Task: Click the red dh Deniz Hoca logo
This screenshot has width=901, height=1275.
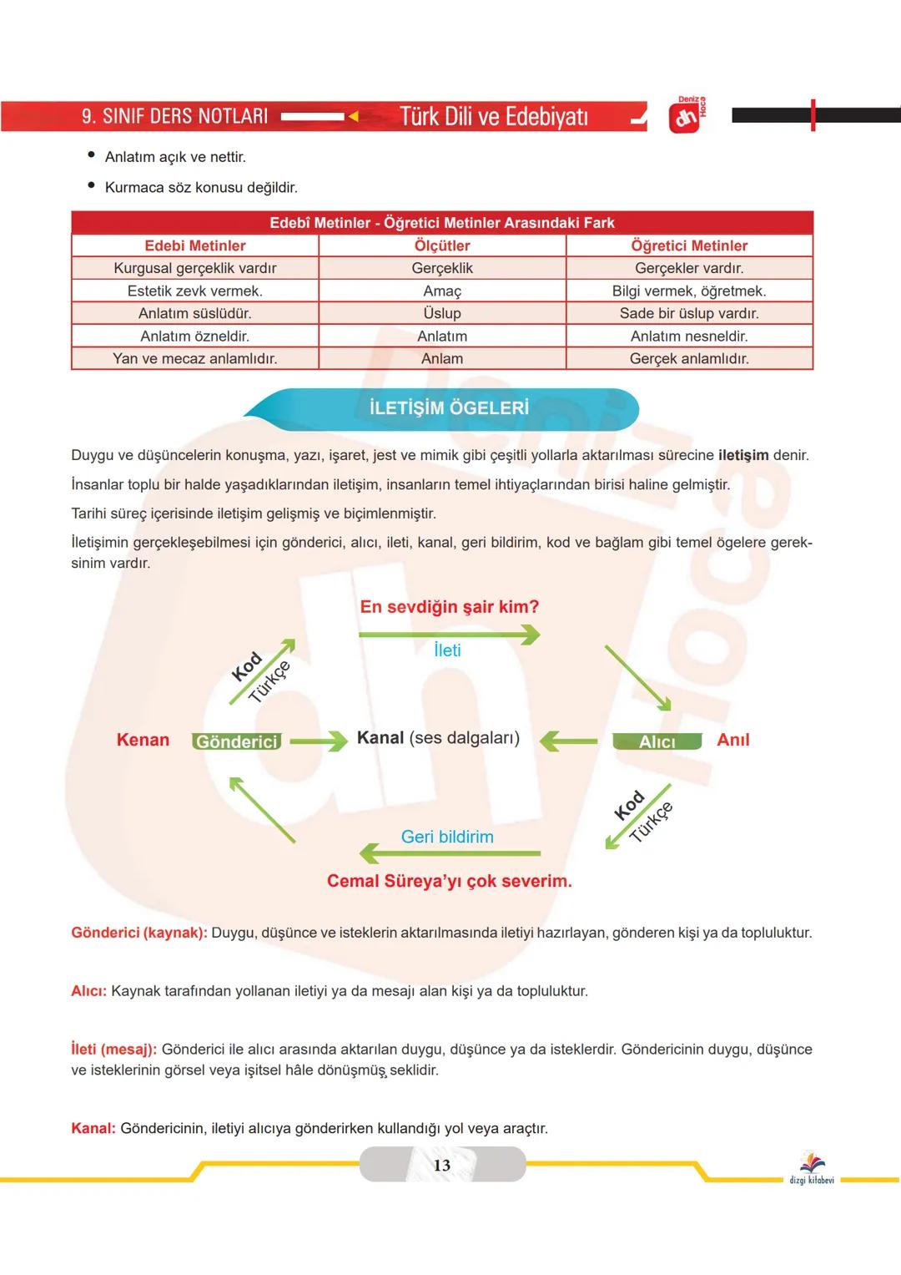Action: tap(685, 118)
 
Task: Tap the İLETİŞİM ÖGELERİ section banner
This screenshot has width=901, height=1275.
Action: tap(449, 408)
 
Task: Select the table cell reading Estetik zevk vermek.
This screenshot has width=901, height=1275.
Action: tap(195, 291)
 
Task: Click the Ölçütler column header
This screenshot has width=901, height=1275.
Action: tap(442, 245)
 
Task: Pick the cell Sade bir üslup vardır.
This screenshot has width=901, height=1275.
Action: tap(689, 313)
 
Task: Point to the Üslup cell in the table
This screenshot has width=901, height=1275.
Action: tap(442, 313)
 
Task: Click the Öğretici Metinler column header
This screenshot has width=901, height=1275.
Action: tap(689, 245)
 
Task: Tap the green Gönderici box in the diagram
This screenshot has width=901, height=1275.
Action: tap(237, 741)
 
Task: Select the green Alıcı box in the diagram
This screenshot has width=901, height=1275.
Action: tap(657, 741)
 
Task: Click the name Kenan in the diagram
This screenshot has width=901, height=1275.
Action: tap(143, 740)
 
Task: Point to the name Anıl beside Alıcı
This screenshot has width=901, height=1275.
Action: tap(733, 740)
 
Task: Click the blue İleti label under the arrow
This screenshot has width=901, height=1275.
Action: tap(447, 650)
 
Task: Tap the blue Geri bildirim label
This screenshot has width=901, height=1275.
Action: tap(447, 837)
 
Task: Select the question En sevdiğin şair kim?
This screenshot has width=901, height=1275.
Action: tap(450, 607)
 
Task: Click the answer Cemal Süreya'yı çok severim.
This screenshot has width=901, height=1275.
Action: tap(450, 881)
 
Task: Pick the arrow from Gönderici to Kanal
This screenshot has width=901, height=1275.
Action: tap(319, 741)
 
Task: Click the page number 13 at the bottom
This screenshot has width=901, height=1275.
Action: tap(442, 1165)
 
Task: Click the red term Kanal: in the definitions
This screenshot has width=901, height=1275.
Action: tap(93, 1129)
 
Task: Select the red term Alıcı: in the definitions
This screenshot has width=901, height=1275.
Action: tap(89, 991)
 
